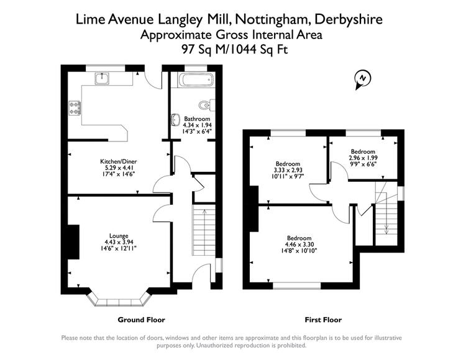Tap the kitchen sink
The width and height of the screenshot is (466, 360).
coord(103,78)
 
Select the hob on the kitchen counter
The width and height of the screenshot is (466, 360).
coord(75,108)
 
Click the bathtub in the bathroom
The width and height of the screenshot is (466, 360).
coord(196,80)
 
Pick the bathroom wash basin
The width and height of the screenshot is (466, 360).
coord(175,119)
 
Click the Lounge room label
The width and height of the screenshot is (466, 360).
coord(119,236)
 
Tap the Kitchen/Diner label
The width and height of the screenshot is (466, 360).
coord(118,162)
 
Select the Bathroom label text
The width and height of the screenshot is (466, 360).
coord(197,119)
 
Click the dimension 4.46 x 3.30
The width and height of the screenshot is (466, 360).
coord(299,245)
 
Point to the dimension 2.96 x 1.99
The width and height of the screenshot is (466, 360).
coord(363,158)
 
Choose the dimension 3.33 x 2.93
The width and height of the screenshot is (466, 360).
coord(288,170)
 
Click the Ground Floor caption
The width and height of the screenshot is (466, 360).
coord(141,320)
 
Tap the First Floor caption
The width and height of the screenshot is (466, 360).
coord(323,320)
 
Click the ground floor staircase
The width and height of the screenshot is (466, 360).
coord(204,230)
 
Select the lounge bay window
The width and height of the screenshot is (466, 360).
coord(119,300)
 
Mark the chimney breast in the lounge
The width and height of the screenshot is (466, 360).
coord(73,242)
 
